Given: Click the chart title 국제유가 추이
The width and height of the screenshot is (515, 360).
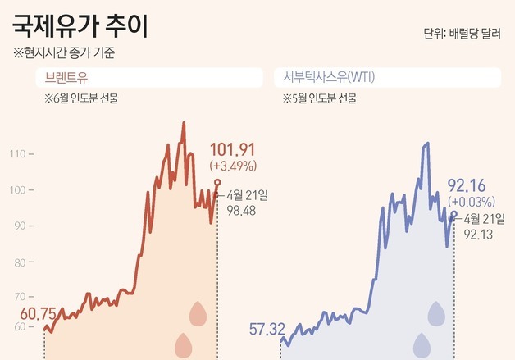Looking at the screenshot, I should point(80,28).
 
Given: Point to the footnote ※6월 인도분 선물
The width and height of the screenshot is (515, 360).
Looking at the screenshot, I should point(83,98).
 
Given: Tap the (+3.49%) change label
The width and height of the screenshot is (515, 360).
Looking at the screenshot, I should point(234,165).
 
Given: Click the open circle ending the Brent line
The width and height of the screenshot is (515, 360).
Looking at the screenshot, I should point(217,182).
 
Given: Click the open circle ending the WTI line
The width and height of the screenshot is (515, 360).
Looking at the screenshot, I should point(453,213).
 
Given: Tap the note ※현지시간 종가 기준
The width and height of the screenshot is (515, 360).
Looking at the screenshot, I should point(64,53).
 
